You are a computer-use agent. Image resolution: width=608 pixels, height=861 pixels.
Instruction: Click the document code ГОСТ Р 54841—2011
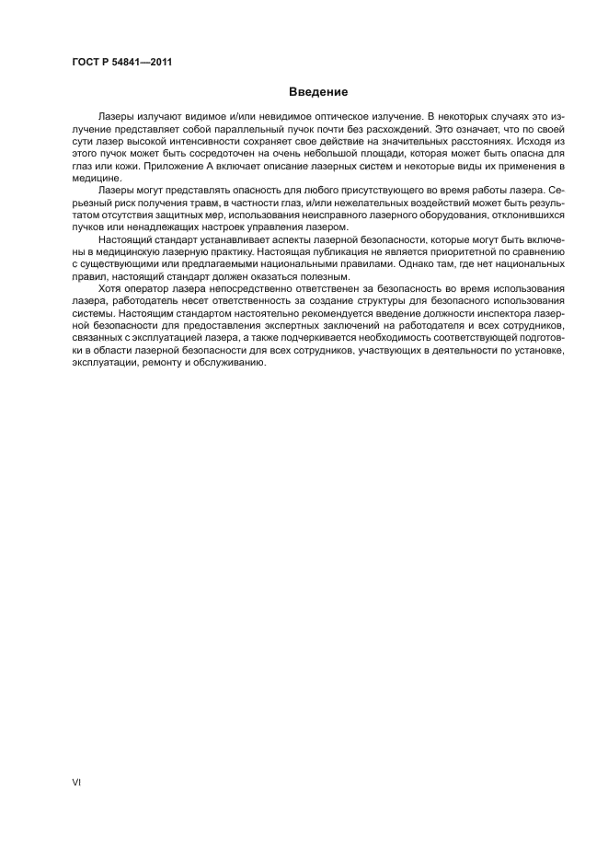122,63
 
